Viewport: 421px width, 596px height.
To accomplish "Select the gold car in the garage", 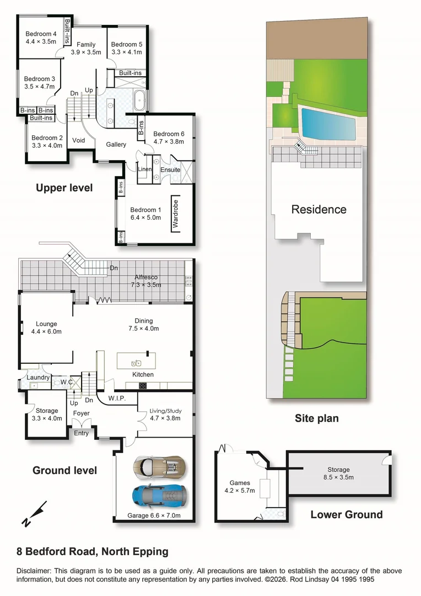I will (159, 467).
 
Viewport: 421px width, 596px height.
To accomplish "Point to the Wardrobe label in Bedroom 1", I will (176, 214).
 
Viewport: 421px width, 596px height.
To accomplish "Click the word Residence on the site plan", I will (319, 209).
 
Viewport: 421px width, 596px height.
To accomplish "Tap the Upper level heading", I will (64, 188).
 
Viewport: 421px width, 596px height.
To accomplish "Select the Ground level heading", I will (64, 471).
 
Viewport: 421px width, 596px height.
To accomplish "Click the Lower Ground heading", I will (346, 515).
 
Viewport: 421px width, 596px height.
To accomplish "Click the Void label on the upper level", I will (79, 140).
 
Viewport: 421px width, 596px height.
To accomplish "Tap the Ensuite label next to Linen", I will (170, 169).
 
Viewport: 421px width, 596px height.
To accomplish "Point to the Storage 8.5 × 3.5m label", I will (338, 473).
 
